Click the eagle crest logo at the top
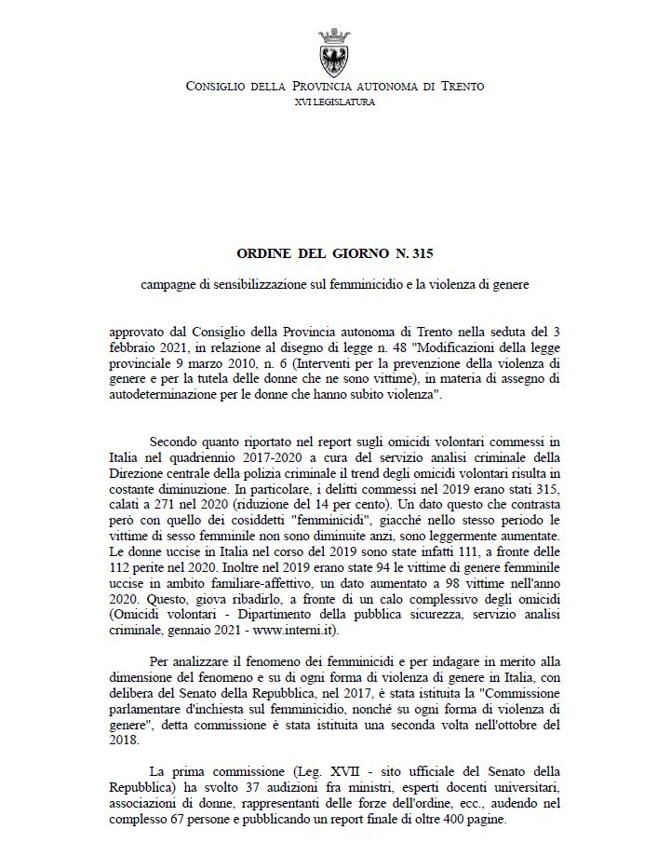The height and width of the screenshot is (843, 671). (334, 52)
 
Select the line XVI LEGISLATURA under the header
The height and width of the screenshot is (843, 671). (335, 102)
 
